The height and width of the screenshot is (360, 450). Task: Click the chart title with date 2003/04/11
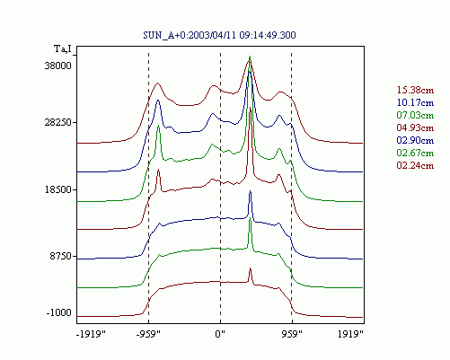[219, 35]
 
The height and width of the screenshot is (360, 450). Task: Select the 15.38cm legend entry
[415, 90]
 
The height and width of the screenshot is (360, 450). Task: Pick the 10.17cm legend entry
[415, 102]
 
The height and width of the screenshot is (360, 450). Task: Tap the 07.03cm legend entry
[415, 115]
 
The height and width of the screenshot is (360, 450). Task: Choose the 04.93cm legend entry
[415, 127]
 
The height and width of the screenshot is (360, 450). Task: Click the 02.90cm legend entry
[415, 140]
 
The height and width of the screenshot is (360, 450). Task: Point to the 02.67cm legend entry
[415, 153]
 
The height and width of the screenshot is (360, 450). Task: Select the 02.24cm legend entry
[415, 165]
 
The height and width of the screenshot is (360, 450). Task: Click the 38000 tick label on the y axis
[58, 66]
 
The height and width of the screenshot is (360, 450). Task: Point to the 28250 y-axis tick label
[58, 122]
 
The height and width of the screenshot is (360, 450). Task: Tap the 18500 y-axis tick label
[58, 189]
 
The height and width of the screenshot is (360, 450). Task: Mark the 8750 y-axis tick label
[61, 257]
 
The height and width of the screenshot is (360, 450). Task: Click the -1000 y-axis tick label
[59, 313]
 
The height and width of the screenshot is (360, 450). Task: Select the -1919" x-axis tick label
[92, 334]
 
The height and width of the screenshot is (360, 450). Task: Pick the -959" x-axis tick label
[148, 334]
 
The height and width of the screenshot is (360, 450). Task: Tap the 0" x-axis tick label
[220, 334]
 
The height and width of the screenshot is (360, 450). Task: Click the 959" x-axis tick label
[292, 334]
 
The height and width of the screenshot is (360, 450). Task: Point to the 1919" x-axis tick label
[351, 334]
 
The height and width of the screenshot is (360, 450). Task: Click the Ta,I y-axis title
[63, 48]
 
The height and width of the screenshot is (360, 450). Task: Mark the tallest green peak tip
[250, 57]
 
